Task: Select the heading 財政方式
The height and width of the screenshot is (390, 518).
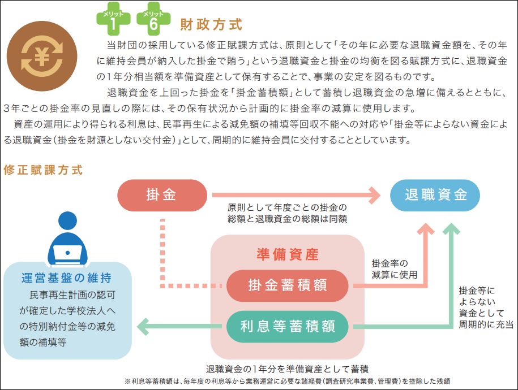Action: [x=211, y=25]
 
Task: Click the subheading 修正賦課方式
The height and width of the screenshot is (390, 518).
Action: [x=43, y=170]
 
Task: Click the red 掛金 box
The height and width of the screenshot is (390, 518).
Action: [x=162, y=196]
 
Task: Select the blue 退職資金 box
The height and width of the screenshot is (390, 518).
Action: [x=435, y=196]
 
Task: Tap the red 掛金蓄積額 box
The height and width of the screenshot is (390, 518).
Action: [x=287, y=285]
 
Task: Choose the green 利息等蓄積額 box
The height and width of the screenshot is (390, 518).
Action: [x=287, y=326]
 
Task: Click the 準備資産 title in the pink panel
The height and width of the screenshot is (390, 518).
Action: [x=287, y=254]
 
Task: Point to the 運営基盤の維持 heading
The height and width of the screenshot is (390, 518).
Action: [x=66, y=278]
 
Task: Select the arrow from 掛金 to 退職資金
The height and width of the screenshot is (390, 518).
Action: [x=294, y=196]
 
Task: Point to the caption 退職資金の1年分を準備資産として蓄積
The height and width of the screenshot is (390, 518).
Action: [x=287, y=368]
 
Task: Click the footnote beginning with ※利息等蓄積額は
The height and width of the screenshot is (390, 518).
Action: [x=287, y=381]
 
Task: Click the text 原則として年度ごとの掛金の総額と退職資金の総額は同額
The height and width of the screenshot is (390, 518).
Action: [x=287, y=213]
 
